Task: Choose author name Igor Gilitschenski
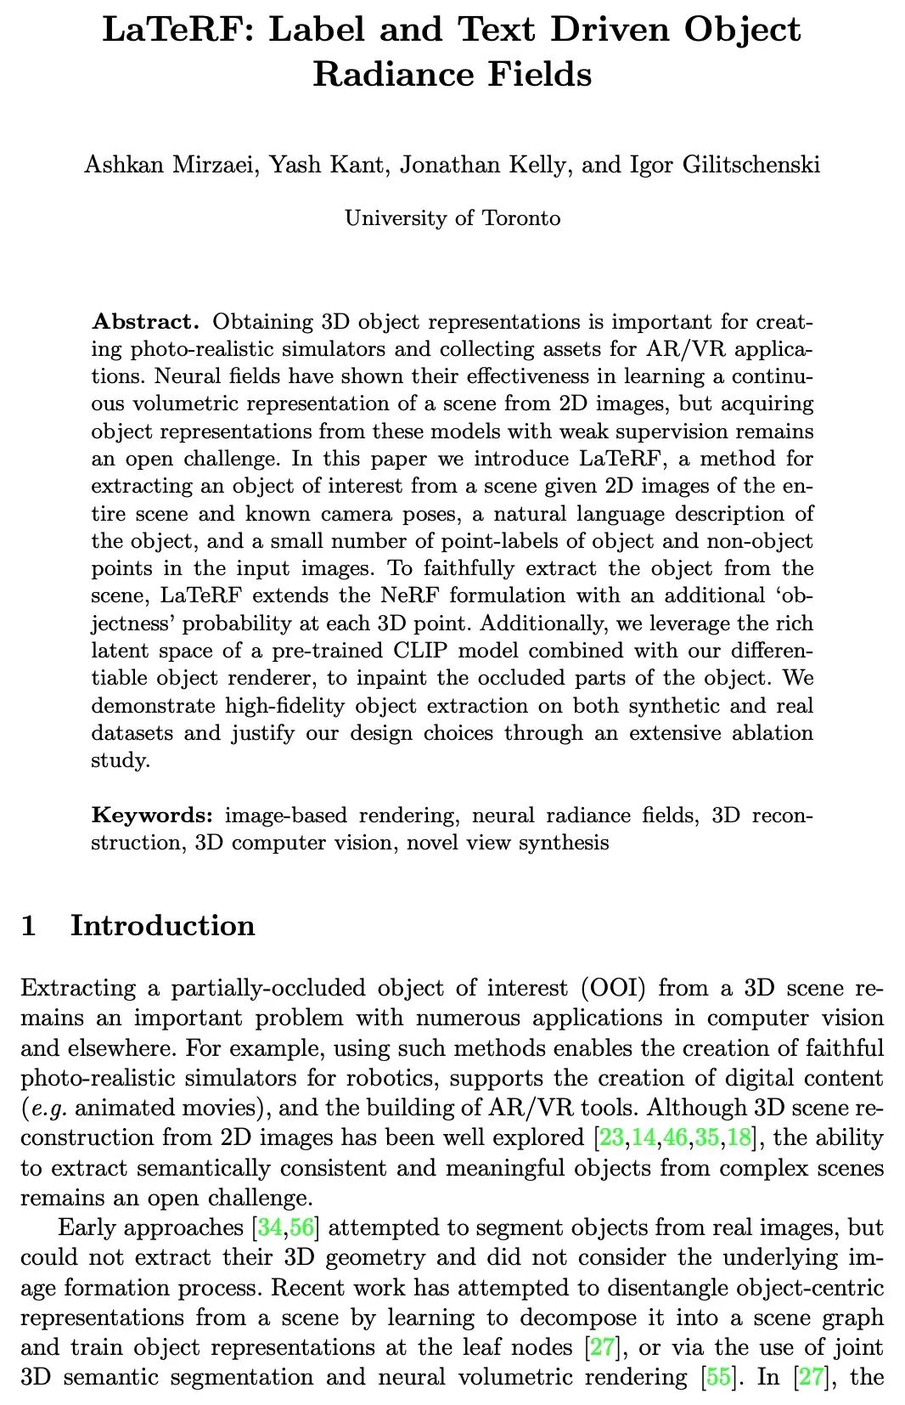[725, 164]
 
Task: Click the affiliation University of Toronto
[452, 218]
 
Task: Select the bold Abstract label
[145, 322]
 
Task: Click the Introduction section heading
[163, 925]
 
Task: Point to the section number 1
[29, 925]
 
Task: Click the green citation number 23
[611, 1137]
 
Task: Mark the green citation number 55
[718, 1377]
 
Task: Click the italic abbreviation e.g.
[48, 1109]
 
